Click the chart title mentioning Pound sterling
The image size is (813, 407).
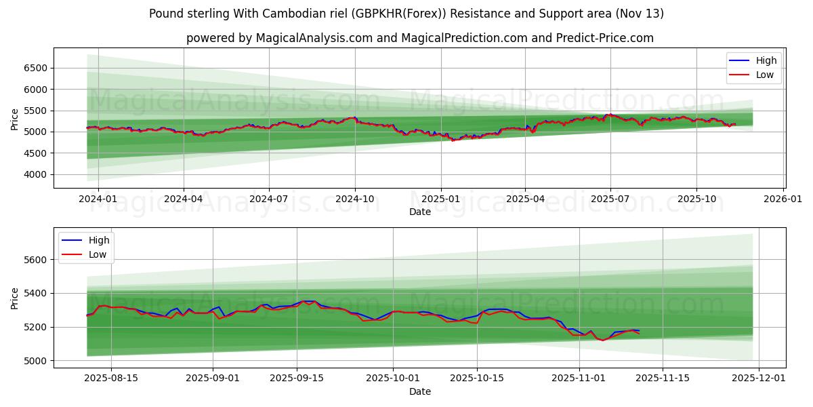(406, 14)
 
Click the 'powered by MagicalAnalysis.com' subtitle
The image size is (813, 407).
(420, 38)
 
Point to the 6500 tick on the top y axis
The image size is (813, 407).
(37, 68)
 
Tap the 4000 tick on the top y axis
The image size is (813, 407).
(37, 174)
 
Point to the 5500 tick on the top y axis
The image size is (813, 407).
(37, 111)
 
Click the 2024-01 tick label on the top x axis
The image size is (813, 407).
(98, 199)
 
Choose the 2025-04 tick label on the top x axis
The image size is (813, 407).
(525, 199)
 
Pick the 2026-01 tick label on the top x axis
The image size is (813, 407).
(783, 199)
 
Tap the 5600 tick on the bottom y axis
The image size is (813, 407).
(37, 260)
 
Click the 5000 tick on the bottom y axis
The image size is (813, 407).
(37, 360)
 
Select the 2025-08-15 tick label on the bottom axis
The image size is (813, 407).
(110, 379)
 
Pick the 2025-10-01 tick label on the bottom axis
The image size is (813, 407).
(392, 379)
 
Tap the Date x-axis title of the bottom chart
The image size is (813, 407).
(420, 391)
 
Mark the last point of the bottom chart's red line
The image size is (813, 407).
(639, 334)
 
